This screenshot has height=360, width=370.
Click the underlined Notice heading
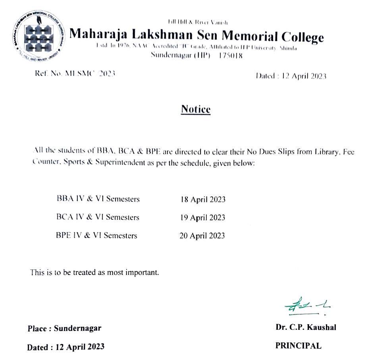pos(196,109)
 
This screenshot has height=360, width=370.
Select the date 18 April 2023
pos(203,199)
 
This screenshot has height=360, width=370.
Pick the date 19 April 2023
pos(202,217)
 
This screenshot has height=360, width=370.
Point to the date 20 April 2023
pos(202,236)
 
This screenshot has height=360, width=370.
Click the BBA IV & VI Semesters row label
pos(98,199)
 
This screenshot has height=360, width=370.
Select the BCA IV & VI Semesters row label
pos(98,217)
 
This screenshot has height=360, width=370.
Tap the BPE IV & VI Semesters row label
pos(96,235)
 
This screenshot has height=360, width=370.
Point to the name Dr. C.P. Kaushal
pos(306,327)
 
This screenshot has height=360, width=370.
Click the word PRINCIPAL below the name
pos(298,346)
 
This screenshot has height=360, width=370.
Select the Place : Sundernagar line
pos(64,329)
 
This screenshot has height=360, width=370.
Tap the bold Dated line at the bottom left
pos(66,347)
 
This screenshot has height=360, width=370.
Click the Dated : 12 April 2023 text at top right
pos(291,76)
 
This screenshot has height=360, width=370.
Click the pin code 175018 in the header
pos(231,56)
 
